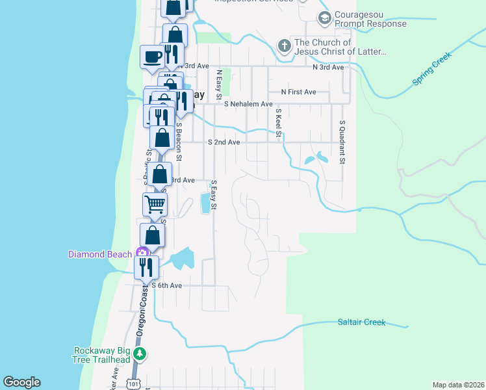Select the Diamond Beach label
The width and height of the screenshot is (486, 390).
tap(100, 254)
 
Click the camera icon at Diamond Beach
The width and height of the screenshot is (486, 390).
tap(140, 253)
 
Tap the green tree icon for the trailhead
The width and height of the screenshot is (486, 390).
tap(140, 355)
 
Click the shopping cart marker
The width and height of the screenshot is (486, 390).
tap(155, 205)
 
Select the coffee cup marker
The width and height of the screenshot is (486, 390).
tap(153, 56)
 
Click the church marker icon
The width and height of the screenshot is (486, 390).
tap(284, 45)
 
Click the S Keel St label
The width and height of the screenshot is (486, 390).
tap(277, 123)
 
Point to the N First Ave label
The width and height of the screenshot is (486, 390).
tap(298, 92)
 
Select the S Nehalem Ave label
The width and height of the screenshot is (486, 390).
tap(248, 104)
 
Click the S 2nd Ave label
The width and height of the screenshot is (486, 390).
tap(224, 142)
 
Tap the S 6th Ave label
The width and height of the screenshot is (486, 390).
tap(167, 285)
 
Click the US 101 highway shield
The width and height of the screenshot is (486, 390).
tap(133, 383)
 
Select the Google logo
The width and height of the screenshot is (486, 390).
tap(22, 382)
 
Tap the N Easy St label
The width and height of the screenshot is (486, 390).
tap(220, 81)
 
